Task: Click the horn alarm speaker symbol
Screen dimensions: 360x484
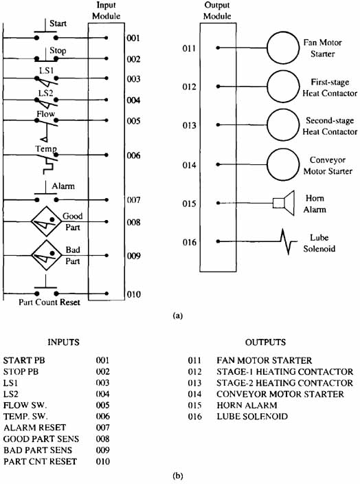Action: (284, 203)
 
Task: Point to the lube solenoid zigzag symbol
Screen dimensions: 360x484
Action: (289, 242)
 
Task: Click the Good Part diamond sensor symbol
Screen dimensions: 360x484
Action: (46, 221)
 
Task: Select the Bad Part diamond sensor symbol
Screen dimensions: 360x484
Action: (46, 255)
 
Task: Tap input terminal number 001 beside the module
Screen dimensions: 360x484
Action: (133, 38)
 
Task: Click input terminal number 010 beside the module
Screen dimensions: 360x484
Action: (133, 294)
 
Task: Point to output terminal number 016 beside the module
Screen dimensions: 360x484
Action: (189, 242)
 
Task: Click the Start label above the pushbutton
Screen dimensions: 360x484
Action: (58, 23)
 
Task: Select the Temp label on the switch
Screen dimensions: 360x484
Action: (46, 148)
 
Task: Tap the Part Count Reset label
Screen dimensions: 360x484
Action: (49, 302)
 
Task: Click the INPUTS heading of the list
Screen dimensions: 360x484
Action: (63, 342)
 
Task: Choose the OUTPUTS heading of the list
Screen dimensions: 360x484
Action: (265, 342)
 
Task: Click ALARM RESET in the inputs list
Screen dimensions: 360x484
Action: (34, 428)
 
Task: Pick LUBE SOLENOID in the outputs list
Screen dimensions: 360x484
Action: (252, 417)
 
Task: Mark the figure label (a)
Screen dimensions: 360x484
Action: (178, 316)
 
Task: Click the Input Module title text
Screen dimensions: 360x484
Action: (106, 10)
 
